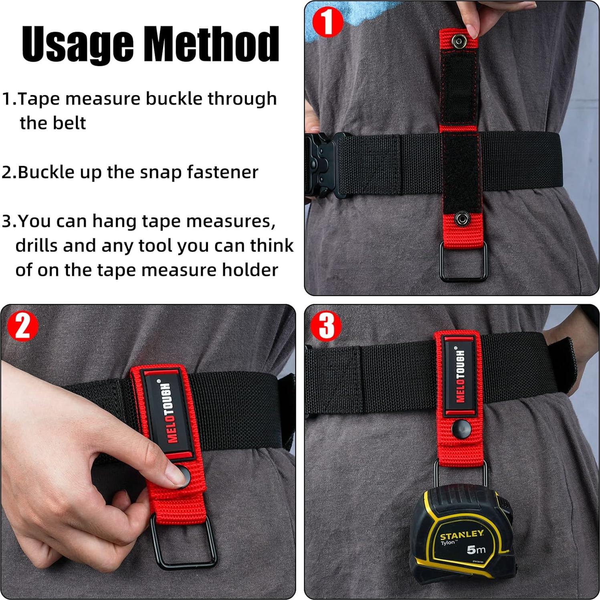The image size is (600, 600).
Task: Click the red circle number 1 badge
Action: [327, 22]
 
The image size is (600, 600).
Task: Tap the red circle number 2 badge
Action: [22, 325]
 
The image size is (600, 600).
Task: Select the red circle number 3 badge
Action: [326, 325]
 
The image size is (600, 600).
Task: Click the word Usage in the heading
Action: [77, 44]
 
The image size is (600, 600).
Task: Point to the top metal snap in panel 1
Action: [458, 40]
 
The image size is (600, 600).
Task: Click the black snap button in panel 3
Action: [461, 430]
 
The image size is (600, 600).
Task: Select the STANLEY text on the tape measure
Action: [461, 535]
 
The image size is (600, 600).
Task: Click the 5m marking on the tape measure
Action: [476, 549]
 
